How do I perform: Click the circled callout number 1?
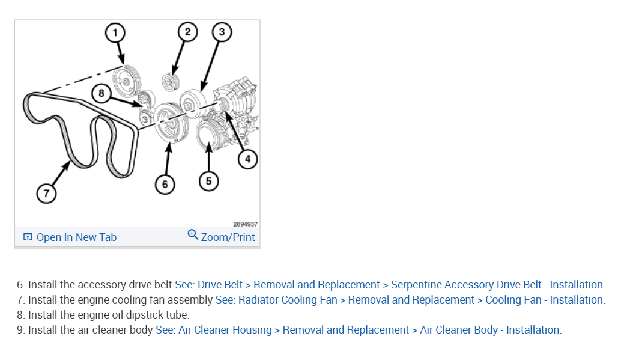tap(115, 32)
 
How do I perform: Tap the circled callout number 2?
tap(187, 32)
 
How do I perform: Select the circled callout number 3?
tap(222, 32)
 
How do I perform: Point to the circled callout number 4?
tap(247, 159)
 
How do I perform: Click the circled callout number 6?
tap(165, 183)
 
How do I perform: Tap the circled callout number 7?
tap(46, 194)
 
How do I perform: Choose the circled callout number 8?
tap(101, 93)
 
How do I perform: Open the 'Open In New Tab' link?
tap(76, 237)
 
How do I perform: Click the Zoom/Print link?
tap(228, 237)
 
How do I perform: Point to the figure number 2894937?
tap(245, 223)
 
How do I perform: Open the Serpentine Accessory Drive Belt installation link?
tap(390, 285)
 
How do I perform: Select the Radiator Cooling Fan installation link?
tap(410, 300)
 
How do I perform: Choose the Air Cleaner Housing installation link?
tap(358, 330)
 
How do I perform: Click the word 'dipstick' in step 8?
tap(144, 315)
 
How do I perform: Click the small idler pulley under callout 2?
tap(169, 81)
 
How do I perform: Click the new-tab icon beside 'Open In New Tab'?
tap(28, 237)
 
